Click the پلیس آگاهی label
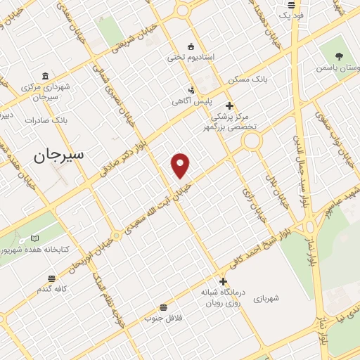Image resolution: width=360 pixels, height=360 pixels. [192, 101]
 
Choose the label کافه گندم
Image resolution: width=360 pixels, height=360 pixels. [52, 289]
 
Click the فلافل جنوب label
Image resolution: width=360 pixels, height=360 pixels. [163, 318]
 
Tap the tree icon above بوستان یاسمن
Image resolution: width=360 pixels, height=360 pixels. [340, 56]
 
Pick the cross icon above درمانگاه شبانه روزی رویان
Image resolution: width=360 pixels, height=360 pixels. [223, 281]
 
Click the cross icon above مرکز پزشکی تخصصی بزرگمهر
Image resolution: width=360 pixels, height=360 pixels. [229, 105]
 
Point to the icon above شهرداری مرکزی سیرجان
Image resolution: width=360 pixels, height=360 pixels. [46, 76]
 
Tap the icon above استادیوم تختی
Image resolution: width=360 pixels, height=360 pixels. [191, 45]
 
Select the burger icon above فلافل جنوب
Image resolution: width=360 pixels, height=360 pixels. [163, 307]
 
